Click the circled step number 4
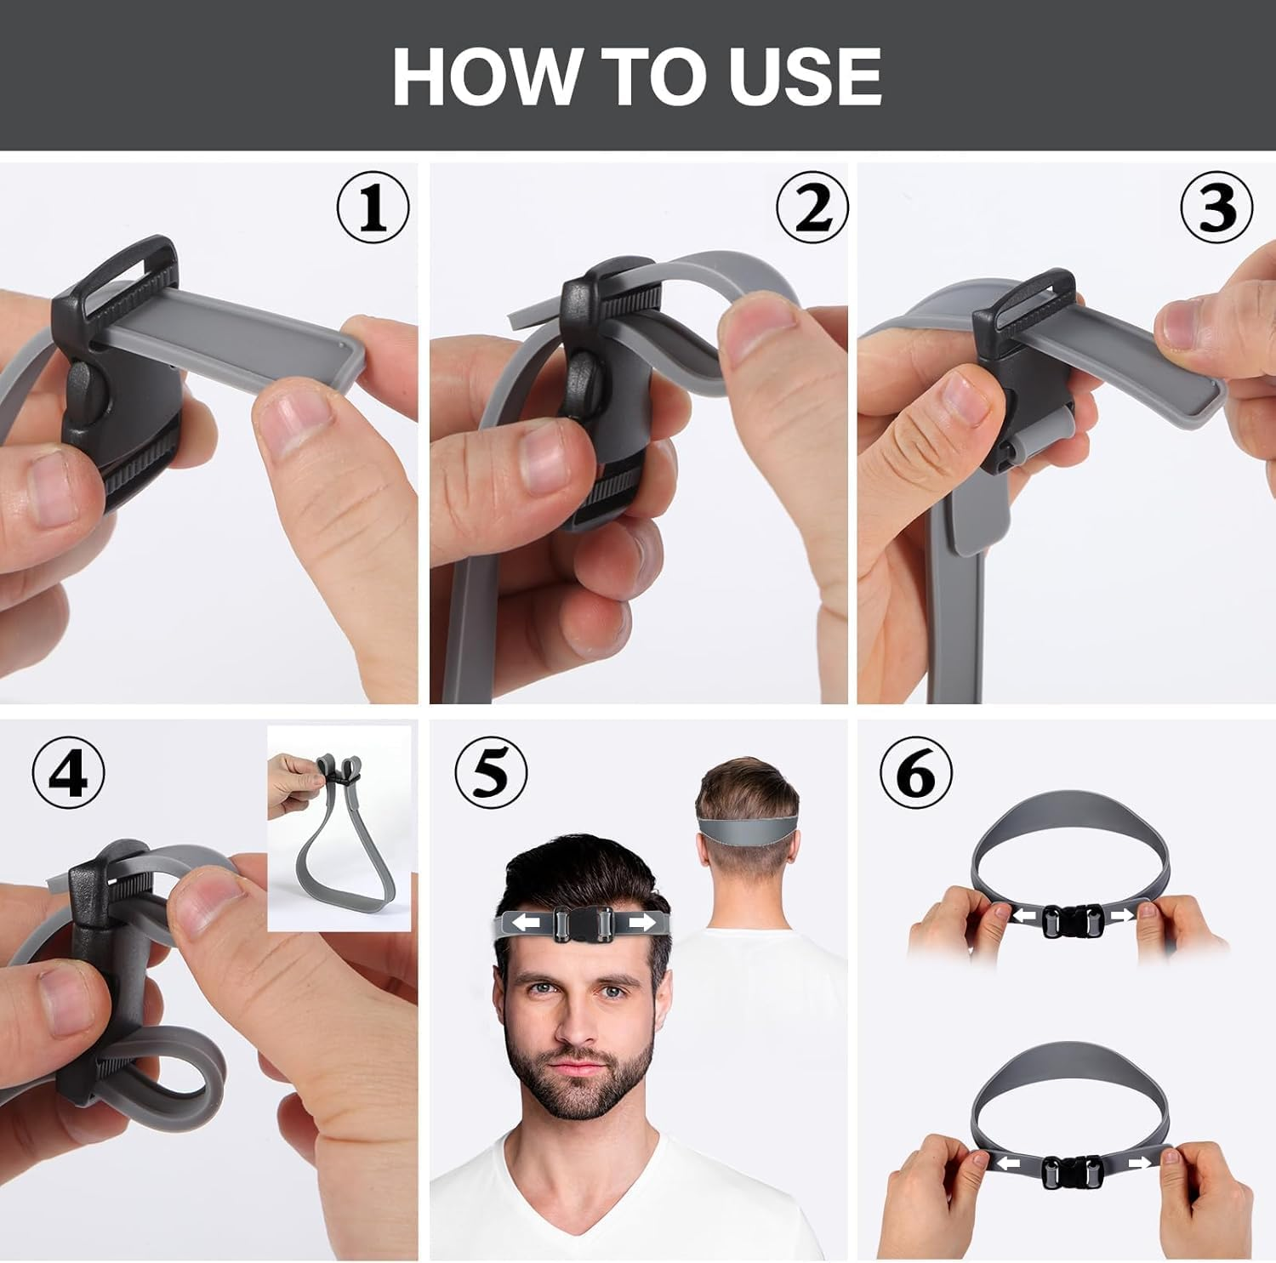[x=69, y=774]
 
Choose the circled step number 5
[x=491, y=774]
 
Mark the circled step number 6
[x=915, y=774]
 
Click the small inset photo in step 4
[x=339, y=828]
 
